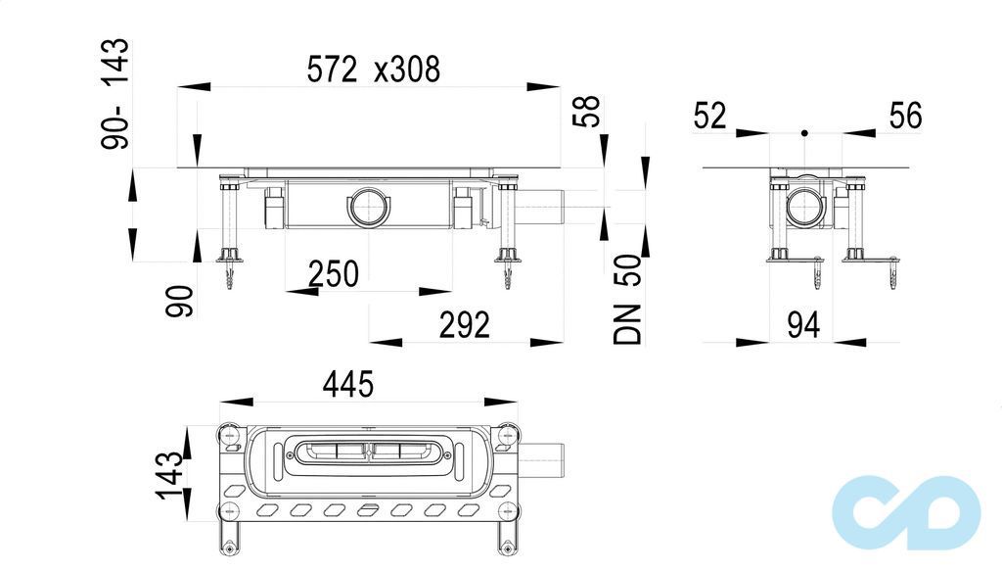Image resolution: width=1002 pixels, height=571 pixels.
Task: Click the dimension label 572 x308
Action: [x=373, y=70]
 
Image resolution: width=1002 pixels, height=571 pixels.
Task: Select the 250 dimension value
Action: [x=334, y=274]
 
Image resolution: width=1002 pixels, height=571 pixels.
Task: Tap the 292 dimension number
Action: [x=465, y=325]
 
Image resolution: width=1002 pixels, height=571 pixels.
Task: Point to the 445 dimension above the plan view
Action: [x=348, y=384]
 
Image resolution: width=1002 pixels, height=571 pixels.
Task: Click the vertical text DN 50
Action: [x=627, y=300]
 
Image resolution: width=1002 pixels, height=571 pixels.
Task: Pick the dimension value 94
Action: [x=803, y=325]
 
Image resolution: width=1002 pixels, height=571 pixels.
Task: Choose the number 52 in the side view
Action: [x=710, y=117]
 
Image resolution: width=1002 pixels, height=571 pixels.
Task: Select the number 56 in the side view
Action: [x=905, y=117]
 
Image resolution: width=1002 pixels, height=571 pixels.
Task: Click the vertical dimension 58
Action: [x=587, y=112]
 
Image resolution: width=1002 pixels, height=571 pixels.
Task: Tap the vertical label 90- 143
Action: [x=115, y=94]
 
